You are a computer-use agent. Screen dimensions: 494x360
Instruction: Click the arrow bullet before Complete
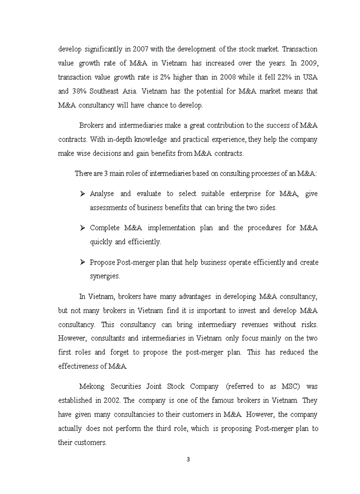82,227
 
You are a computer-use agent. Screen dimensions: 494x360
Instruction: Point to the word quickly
101,241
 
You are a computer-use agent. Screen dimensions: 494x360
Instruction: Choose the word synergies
105,276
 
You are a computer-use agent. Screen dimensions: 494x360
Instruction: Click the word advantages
193,296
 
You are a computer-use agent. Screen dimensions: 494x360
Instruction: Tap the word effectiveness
82,366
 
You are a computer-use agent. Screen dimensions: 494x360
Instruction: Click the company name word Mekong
92,386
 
